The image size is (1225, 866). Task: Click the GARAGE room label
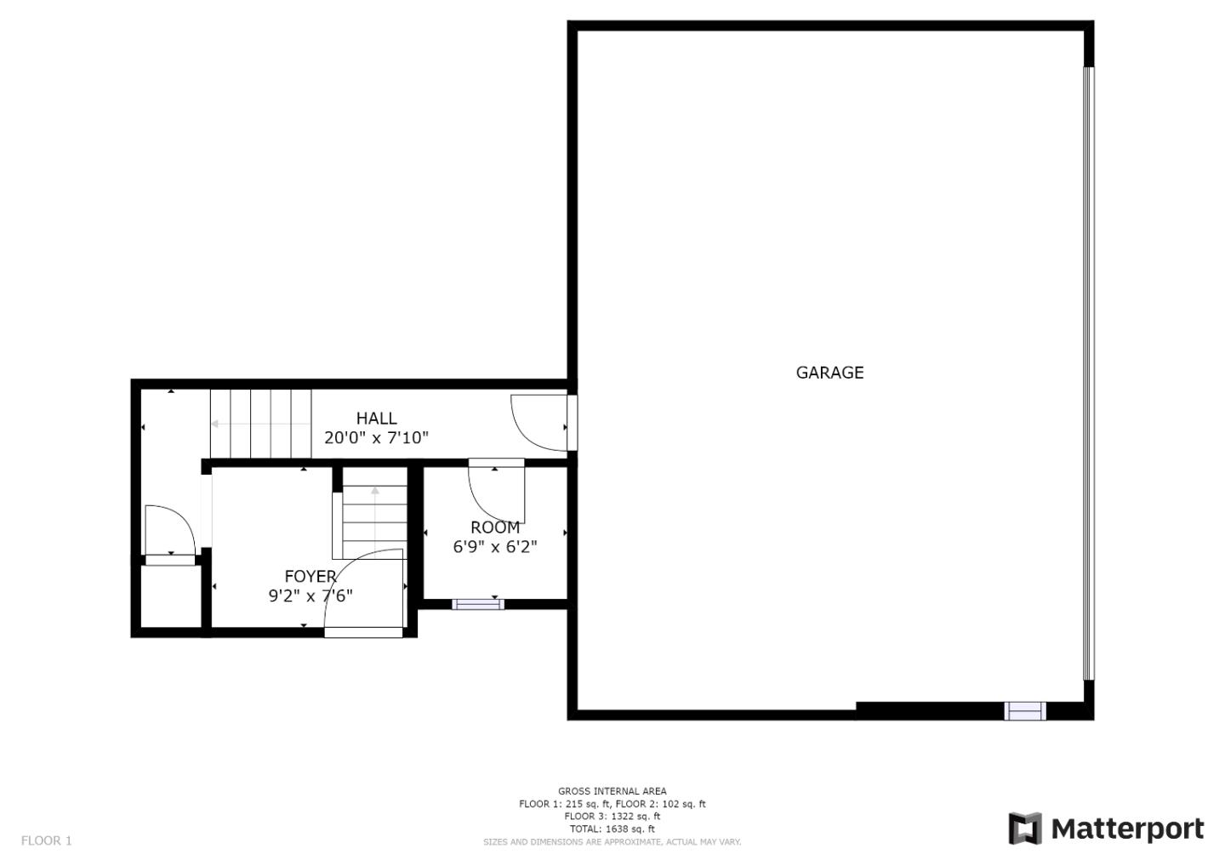[829, 373]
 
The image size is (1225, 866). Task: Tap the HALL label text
[376, 419]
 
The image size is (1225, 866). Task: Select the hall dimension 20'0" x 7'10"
[376, 438]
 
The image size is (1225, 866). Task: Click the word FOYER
[311, 577]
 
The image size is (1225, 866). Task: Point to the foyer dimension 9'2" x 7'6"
[311, 596]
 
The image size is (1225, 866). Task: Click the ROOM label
[495, 527]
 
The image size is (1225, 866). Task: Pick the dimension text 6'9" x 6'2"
[495, 547]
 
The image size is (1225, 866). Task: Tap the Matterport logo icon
[1025, 829]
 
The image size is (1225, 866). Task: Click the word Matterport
[1128, 829]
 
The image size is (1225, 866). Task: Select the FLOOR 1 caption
[47, 840]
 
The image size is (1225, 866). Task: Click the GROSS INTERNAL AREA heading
[612, 791]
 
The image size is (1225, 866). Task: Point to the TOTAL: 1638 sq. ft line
[612, 829]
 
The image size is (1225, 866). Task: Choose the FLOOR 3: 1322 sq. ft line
[612, 816]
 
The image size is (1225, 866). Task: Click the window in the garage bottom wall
[1025, 710]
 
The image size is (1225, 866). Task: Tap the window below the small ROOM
[477, 604]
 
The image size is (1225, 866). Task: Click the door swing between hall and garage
[539, 422]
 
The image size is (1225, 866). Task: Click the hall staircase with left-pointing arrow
[260, 424]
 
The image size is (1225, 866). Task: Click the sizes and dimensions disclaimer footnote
[612, 842]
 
